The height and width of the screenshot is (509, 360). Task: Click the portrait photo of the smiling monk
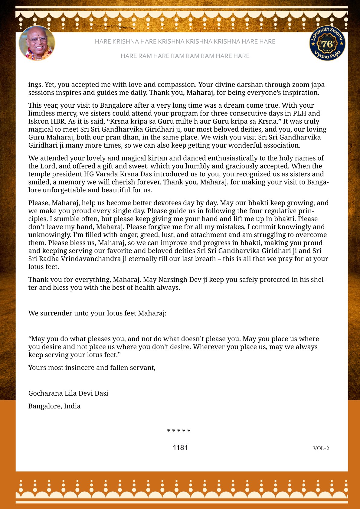[x=37, y=43]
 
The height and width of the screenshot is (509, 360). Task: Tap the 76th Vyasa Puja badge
[x=327, y=43]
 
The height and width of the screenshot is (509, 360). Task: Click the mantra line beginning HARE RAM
[x=185, y=56]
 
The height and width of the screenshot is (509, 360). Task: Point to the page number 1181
[x=180, y=448]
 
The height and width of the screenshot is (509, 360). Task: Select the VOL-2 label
[x=321, y=448]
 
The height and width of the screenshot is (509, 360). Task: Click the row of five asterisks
[x=179, y=431]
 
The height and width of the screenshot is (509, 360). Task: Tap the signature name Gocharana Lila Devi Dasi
[x=68, y=393]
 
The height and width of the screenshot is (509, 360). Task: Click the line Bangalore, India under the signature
[x=54, y=406]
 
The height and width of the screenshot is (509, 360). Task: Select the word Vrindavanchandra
[x=91, y=259]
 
